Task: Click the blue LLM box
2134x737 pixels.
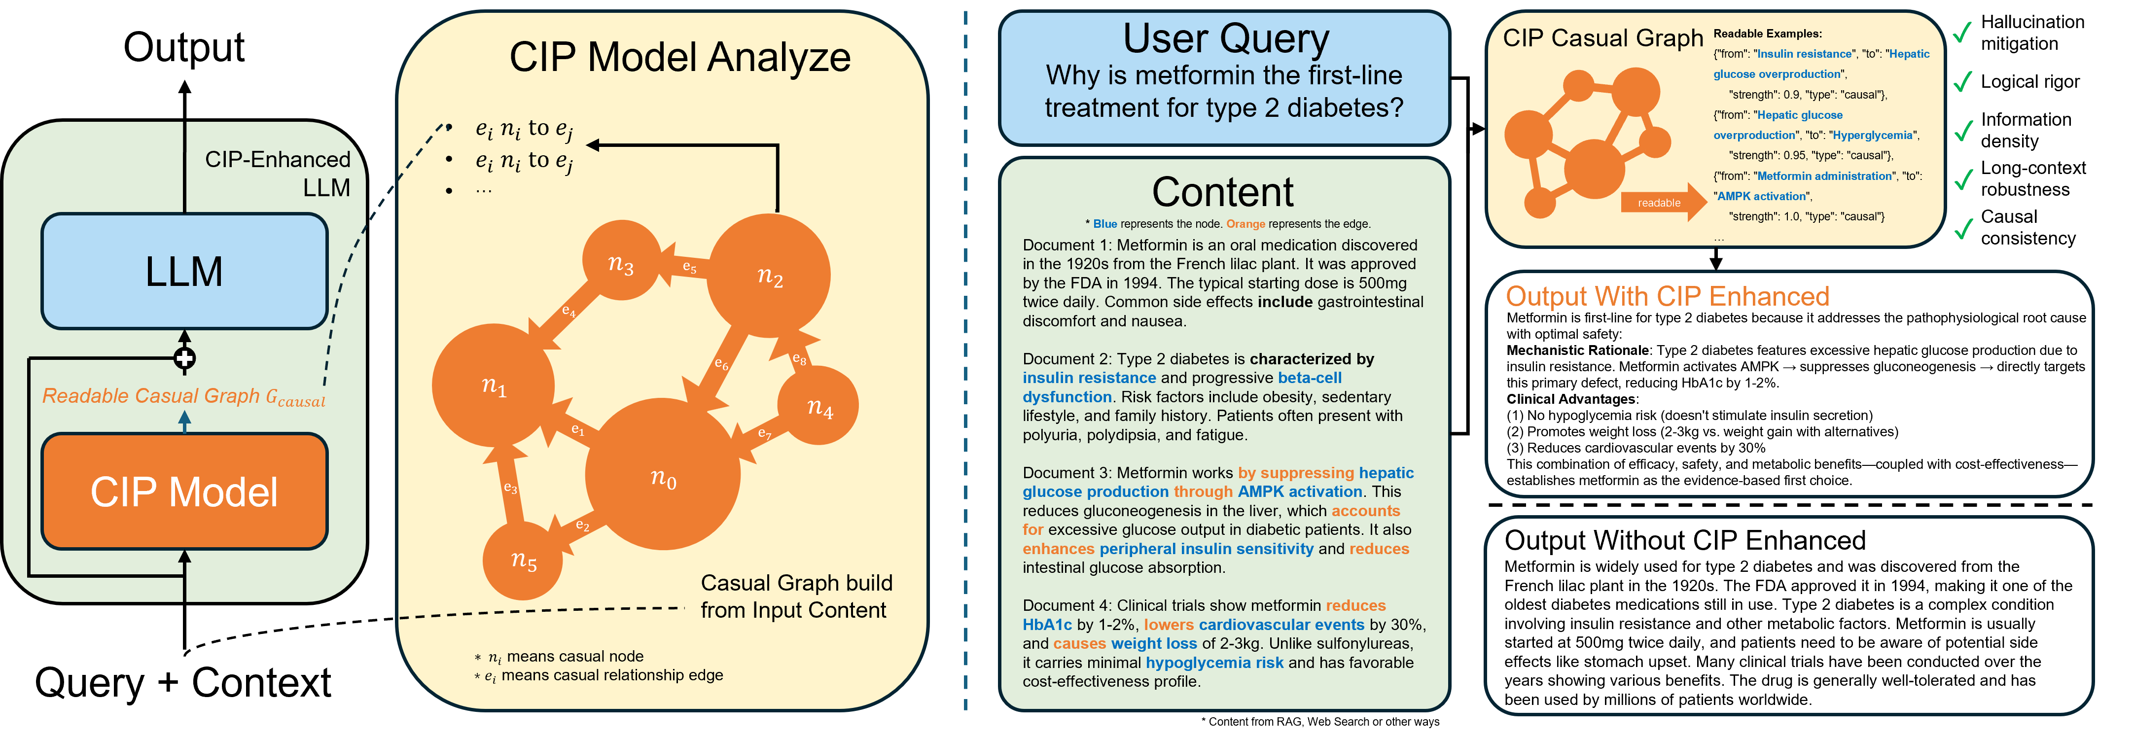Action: click(184, 272)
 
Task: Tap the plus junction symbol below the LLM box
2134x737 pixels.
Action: click(184, 358)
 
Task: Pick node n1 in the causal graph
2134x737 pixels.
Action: click(493, 385)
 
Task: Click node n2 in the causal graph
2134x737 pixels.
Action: click(769, 276)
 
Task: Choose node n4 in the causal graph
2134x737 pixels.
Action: click(818, 406)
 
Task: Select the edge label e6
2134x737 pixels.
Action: click(721, 363)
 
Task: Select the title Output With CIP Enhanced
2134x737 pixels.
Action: click(1667, 296)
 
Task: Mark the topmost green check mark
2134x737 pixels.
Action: click(1962, 33)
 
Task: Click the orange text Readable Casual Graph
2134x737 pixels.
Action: click(151, 396)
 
